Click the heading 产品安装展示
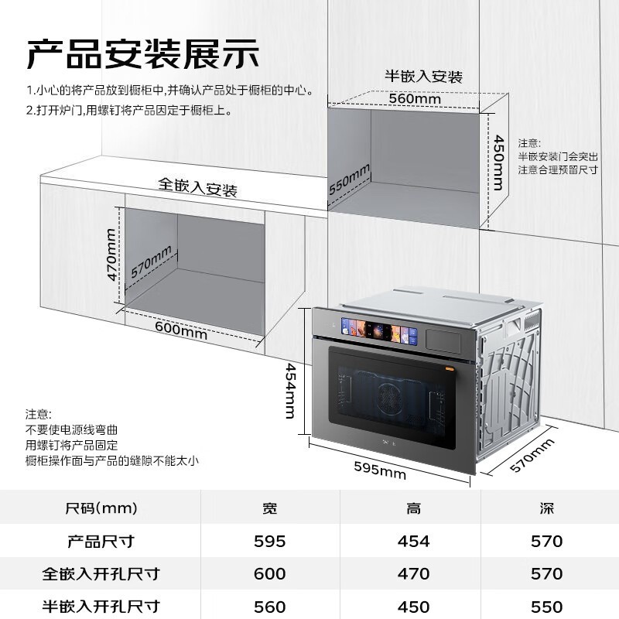pos(142,54)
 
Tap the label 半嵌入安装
pos(423,76)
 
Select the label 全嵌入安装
pos(197,187)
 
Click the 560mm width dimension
pos(415,98)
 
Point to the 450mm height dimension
pos(499,162)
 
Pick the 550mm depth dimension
pos(350,180)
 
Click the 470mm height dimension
pos(111,255)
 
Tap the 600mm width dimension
pos(181,330)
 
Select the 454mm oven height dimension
pos(290,391)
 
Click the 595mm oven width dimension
pos(380,470)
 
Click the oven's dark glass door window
pos(392,398)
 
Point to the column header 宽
pos(270,508)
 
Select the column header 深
pos(547,508)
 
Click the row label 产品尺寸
pos(101,541)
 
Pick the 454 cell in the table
pos(413,541)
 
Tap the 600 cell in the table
pos(269,573)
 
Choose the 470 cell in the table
pos(413,573)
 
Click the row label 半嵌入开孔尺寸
pos(101,606)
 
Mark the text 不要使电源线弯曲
pos(71,429)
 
